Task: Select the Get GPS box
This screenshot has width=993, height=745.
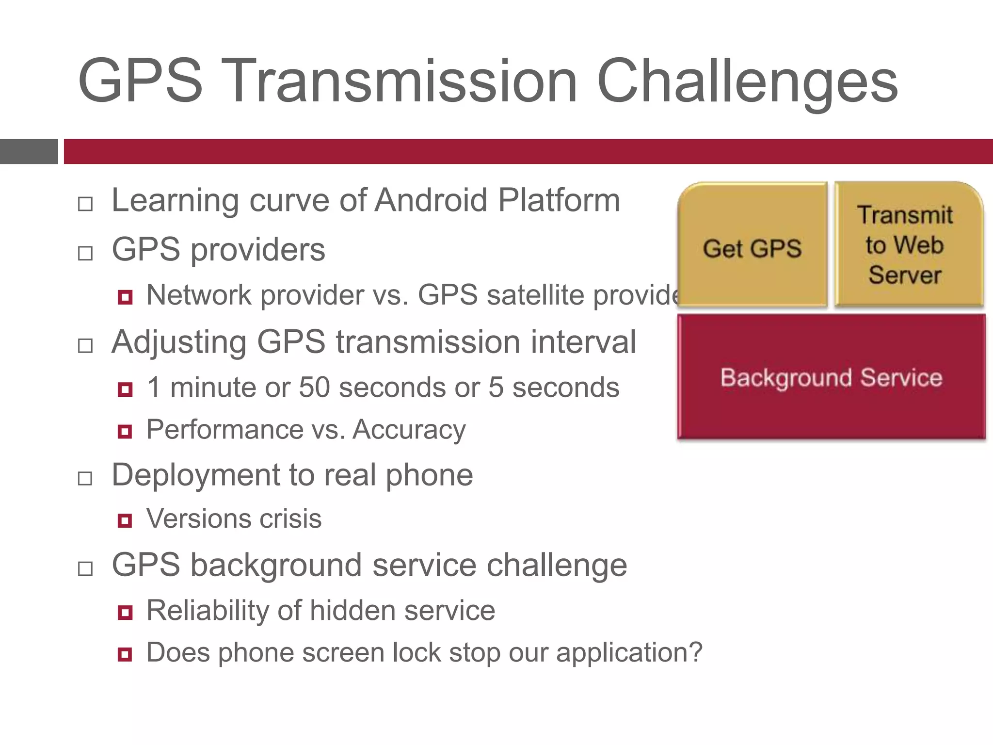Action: point(752,247)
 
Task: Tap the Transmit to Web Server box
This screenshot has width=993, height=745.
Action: point(905,245)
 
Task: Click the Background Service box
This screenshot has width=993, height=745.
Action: point(831,377)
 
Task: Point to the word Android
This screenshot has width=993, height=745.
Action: point(431,200)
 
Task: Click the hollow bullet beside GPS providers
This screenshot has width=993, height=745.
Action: point(85,253)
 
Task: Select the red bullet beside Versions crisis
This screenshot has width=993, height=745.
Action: point(125,520)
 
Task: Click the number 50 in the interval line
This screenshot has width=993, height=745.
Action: point(314,387)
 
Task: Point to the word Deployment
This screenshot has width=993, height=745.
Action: point(196,474)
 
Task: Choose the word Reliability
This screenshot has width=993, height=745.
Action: point(207,610)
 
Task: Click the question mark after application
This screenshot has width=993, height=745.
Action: point(696,652)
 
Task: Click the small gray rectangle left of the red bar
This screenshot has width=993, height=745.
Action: point(29,151)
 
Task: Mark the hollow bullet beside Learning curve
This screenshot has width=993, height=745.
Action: point(85,204)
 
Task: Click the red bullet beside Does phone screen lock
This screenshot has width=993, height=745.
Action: point(125,655)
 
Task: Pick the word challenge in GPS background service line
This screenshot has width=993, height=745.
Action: point(557,565)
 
